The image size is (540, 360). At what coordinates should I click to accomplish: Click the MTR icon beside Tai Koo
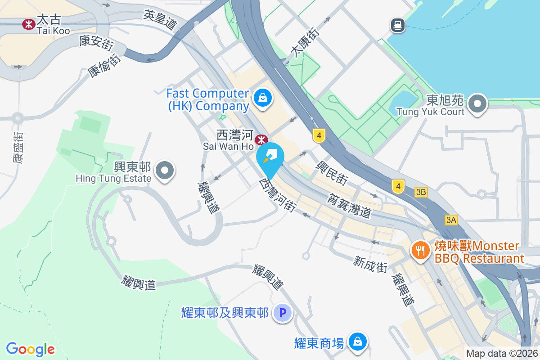click(x=29, y=24)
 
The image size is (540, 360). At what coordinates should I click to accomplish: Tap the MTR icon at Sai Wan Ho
click(x=261, y=140)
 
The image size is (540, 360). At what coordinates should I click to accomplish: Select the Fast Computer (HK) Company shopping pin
click(x=262, y=98)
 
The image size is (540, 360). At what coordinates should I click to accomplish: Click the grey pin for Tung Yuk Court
click(x=477, y=104)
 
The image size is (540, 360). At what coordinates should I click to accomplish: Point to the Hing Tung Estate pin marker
click(x=165, y=171)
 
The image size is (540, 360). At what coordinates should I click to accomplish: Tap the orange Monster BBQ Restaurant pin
click(x=421, y=250)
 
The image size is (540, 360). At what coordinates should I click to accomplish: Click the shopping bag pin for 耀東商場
click(x=357, y=342)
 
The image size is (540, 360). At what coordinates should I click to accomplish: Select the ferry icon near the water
click(x=398, y=25)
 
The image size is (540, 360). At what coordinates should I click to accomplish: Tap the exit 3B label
click(x=421, y=193)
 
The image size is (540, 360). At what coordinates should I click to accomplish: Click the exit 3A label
click(x=451, y=220)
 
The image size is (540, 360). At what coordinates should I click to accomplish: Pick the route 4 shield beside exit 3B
click(x=398, y=186)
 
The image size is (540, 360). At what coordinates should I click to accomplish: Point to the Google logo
click(x=30, y=349)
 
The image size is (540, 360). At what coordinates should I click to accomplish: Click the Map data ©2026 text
click(x=502, y=354)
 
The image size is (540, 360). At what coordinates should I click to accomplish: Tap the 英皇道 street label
click(x=160, y=20)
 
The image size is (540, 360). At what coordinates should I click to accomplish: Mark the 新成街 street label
click(x=370, y=264)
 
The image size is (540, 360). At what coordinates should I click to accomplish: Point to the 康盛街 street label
click(x=18, y=147)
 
